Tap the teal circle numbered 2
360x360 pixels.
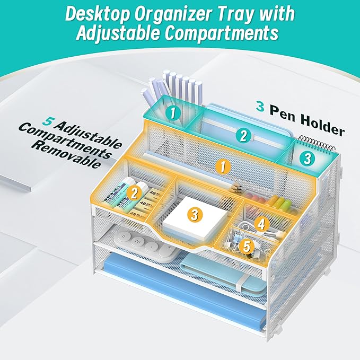243,135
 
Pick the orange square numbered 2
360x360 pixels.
135,191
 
